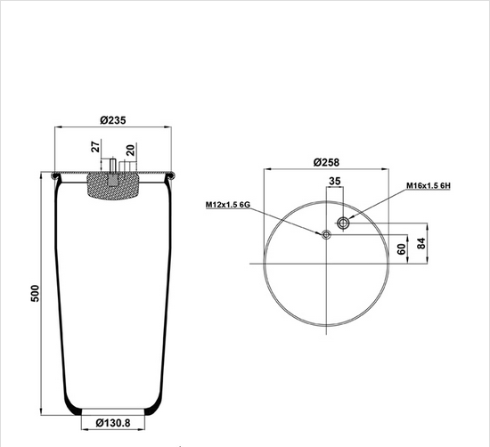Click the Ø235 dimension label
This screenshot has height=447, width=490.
tap(113, 120)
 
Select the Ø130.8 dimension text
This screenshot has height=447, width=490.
tap(113, 423)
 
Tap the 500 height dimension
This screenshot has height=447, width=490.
tap(36, 293)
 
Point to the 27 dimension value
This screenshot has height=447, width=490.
tap(95, 147)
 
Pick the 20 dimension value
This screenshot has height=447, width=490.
tap(130, 150)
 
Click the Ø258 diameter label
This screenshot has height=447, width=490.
tap(326, 162)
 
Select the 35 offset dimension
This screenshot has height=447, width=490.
tap(335, 181)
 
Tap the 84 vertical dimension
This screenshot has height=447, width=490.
tap(421, 243)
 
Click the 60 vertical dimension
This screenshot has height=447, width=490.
tap(401, 249)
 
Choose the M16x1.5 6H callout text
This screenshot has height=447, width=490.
tap(429, 185)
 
